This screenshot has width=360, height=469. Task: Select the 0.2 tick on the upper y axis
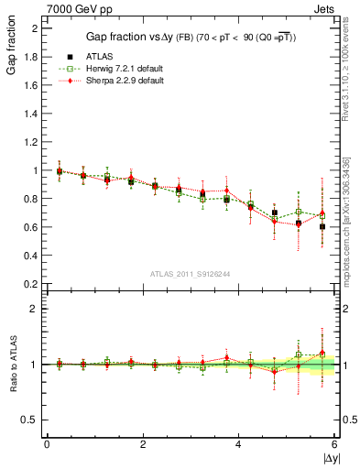click(31, 284)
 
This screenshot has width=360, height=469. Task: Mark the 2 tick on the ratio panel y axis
click(35, 309)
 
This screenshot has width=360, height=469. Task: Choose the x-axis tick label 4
click(238, 444)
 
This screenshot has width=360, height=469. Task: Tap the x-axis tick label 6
click(334, 444)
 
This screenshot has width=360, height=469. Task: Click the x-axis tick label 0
click(47, 444)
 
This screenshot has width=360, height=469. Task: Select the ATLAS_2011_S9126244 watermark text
click(191, 274)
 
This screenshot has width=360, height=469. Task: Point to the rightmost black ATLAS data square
click(322, 252)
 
